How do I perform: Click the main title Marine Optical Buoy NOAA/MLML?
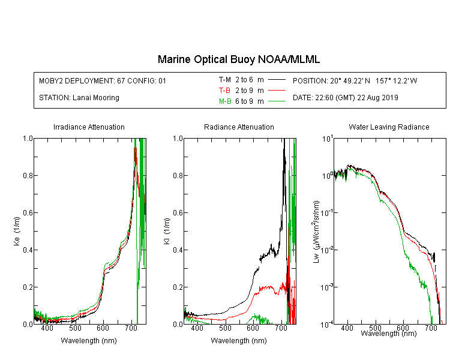pyautogui.click(x=238, y=59)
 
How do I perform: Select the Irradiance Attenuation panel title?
pyautogui.click(x=89, y=127)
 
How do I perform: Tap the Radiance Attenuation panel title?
pyautogui.click(x=239, y=127)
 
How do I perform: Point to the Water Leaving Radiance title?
pyautogui.click(x=389, y=127)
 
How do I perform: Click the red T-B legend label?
pyautogui.click(x=224, y=91)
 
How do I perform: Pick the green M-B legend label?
pyautogui.click(x=225, y=101)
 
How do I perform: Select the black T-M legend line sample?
pyautogui.click(x=277, y=80)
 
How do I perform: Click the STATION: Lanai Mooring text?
pyautogui.click(x=79, y=98)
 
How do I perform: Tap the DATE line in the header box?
pyautogui.click(x=345, y=98)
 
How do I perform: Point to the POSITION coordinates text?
pyautogui.click(x=355, y=80)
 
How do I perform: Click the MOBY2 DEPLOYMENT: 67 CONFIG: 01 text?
pyautogui.click(x=103, y=80)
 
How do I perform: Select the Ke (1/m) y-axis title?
pyautogui.click(x=17, y=232)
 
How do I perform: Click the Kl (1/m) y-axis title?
pyautogui.click(x=167, y=232)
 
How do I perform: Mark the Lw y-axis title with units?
pyautogui.click(x=316, y=232)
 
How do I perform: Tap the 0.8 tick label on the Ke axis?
pyautogui.click(x=28, y=175)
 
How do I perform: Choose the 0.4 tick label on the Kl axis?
pyautogui.click(x=178, y=250)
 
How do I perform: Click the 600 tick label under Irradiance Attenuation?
pyautogui.click(x=103, y=328)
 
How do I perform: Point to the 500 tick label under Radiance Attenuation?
pyautogui.click(x=225, y=328)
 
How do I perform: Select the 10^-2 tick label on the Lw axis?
pyautogui.click(x=328, y=250)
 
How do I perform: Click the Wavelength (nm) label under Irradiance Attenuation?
pyautogui.click(x=89, y=341)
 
